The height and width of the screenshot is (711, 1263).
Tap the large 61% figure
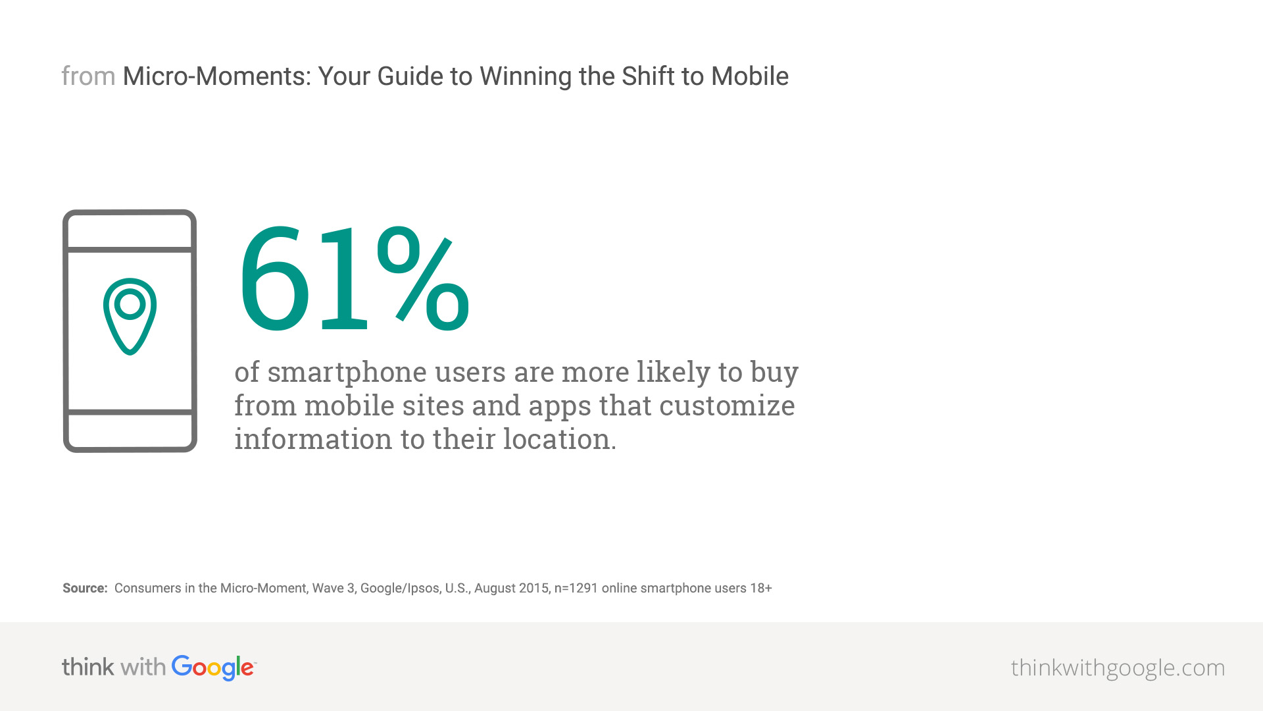[x=354, y=279]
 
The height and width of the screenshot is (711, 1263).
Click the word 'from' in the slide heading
[x=88, y=76]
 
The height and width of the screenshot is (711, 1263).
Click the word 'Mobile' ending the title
[x=750, y=76]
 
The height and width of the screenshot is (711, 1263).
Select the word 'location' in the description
[x=557, y=439]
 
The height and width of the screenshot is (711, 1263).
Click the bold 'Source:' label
[x=85, y=588]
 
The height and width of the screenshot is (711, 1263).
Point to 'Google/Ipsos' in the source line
[x=400, y=589]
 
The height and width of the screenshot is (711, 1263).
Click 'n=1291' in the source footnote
[x=576, y=588]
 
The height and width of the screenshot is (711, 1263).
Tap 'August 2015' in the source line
[x=511, y=589]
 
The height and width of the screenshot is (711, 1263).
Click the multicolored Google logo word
[x=213, y=668]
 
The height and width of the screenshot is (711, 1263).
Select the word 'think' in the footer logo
[x=88, y=667]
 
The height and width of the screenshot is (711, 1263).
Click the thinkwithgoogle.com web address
[x=1118, y=668]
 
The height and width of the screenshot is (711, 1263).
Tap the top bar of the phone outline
[x=130, y=250]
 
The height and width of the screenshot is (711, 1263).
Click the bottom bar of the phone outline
[x=130, y=412]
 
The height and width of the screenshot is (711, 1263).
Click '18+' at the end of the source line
[x=761, y=588]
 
